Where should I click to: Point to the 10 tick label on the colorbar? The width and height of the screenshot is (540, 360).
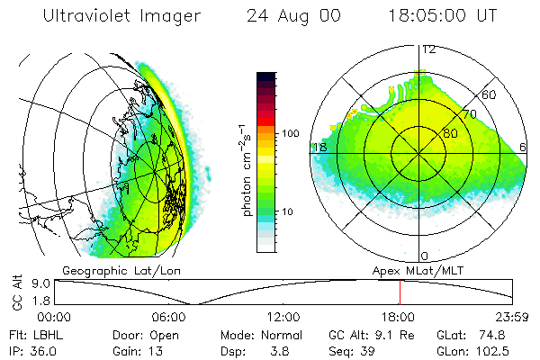pyautogui.click(x=286, y=211)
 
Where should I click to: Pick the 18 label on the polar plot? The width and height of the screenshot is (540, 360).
pyautogui.click(x=319, y=147)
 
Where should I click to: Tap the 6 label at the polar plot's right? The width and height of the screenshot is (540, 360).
pyautogui.click(x=525, y=147)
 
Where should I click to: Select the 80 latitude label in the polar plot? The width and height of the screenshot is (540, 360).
pyautogui.click(x=450, y=133)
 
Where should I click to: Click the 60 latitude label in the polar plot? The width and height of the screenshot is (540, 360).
pyautogui.click(x=490, y=94)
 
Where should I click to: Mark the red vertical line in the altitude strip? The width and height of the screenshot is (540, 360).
pyautogui.click(x=400, y=292)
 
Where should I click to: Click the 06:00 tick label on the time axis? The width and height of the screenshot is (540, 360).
pyautogui.click(x=169, y=317)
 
